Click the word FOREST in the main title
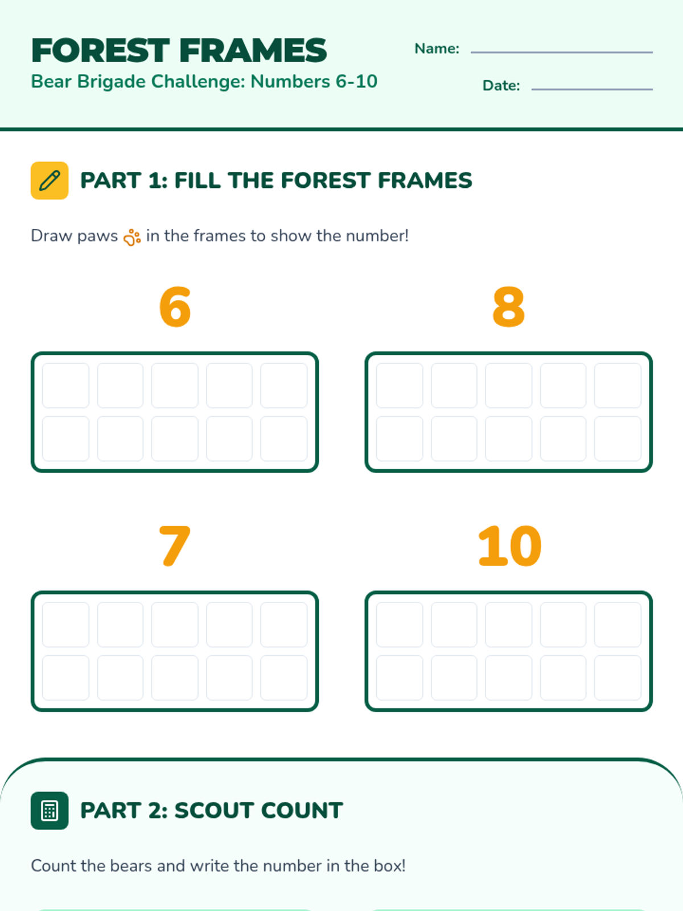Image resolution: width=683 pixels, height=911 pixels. coord(100,51)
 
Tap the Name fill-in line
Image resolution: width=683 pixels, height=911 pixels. coord(562,52)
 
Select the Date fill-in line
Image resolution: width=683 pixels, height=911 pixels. coord(592,89)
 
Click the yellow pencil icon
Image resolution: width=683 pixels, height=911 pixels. coord(50,180)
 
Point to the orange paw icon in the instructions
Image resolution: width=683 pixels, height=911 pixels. coord(132,237)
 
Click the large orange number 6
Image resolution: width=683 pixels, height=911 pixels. coord(175,307)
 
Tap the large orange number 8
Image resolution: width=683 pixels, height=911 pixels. coord(508,307)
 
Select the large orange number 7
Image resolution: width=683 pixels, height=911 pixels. coord(175,545)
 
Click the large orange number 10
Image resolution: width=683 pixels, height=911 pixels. coord(509,545)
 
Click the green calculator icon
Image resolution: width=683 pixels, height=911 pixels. coord(50,811)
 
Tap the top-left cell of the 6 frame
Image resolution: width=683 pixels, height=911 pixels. coord(65,385)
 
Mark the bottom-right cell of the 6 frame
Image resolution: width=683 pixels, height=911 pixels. coord(283,438)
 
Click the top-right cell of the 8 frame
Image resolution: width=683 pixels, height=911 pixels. coord(618,385)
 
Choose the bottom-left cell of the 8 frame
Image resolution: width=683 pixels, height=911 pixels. coord(400,438)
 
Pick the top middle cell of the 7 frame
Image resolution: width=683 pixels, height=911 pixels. coord(175,625)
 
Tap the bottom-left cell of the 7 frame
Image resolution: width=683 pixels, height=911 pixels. coord(65,678)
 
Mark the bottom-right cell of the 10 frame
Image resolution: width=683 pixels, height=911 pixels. coord(618,678)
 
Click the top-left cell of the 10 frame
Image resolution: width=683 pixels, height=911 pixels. coord(400,625)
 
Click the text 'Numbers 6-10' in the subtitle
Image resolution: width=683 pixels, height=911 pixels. coord(314,81)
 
